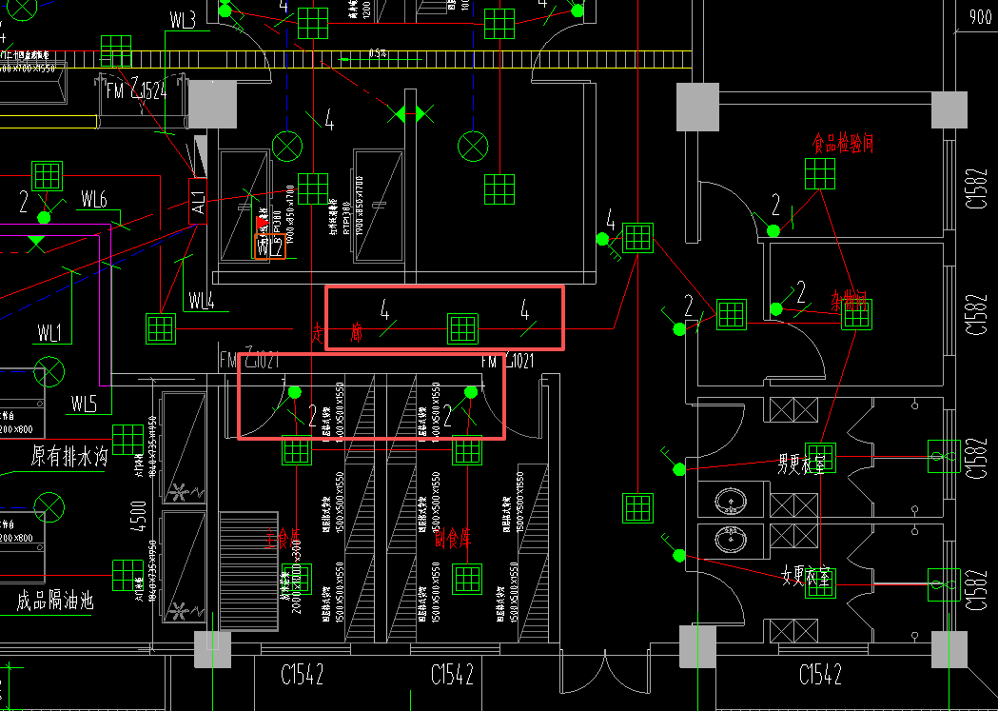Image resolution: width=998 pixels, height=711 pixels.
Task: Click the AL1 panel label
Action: [x=198, y=202]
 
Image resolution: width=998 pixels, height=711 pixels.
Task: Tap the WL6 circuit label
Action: [x=93, y=199]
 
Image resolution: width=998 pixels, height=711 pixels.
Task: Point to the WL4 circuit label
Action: [x=201, y=302]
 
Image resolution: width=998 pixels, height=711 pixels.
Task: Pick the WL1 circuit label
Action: [x=49, y=333]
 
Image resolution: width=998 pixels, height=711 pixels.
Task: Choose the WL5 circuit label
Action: [x=84, y=404]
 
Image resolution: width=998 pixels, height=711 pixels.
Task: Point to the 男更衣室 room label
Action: [x=801, y=465]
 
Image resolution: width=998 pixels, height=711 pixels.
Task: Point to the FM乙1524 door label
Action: [x=136, y=91]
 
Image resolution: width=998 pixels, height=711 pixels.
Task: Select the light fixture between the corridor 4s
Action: [x=462, y=328]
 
